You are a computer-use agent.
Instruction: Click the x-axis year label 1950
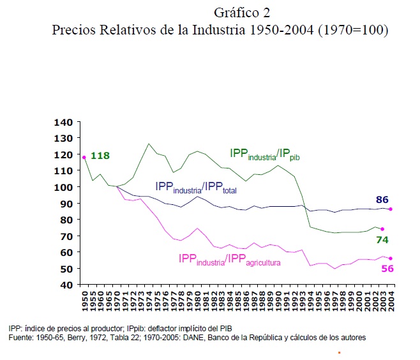click(x=84, y=302)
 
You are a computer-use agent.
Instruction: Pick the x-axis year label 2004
click(x=391, y=302)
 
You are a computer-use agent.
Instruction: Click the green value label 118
click(x=101, y=155)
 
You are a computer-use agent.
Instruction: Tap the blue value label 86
click(x=382, y=199)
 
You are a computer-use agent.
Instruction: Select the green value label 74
click(x=382, y=239)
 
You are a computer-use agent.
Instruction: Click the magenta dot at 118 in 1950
click(x=84, y=157)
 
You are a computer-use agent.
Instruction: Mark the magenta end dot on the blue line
click(x=391, y=209)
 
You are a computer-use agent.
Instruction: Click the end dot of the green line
click(x=382, y=229)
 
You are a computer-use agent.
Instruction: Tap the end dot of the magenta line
click(x=391, y=259)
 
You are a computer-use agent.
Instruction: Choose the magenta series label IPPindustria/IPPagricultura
click(x=230, y=260)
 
